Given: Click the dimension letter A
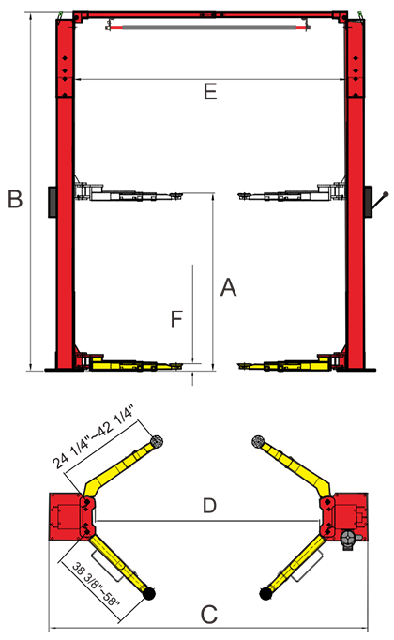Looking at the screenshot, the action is point(228,287).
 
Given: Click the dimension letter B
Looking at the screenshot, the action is point(15,199).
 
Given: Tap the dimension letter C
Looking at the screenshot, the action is point(209,615).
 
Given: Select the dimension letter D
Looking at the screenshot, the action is point(209,506).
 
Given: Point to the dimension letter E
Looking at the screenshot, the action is point(210,92).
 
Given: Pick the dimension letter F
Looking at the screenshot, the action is point(176,319).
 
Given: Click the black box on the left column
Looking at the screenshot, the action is point(53,202).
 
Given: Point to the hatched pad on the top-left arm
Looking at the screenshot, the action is point(157,441).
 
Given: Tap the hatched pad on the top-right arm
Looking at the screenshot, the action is point(258,441).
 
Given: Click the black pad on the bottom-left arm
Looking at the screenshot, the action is point(149,593).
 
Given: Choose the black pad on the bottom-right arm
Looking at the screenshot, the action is point(265,593).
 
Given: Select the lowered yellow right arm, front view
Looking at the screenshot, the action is point(285,364).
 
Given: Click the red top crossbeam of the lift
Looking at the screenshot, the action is point(210,15).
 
